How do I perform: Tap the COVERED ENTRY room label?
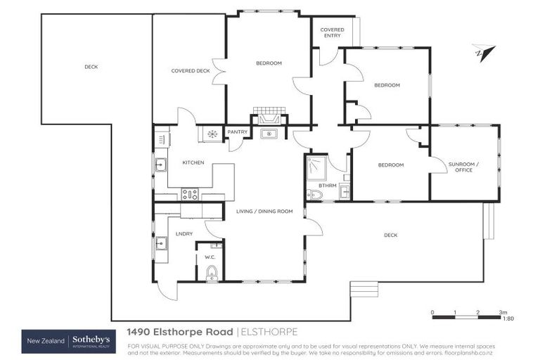click(x=332, y=33)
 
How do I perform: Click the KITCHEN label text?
click(x=193, y=162)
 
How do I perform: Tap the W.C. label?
click(x=210, y=257)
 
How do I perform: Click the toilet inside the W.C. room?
click(x=212, y=273)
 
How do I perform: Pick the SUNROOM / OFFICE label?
click(x=463, y=166)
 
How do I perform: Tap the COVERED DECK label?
click(x=191, y=71)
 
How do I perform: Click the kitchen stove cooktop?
click(x=190, y=194)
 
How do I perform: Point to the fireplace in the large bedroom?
click(x=268, y=116)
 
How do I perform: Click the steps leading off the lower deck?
click(x=364, y=288)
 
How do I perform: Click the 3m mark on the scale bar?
click(x=502, y=311)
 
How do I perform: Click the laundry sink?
click(x=161, y=243)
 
